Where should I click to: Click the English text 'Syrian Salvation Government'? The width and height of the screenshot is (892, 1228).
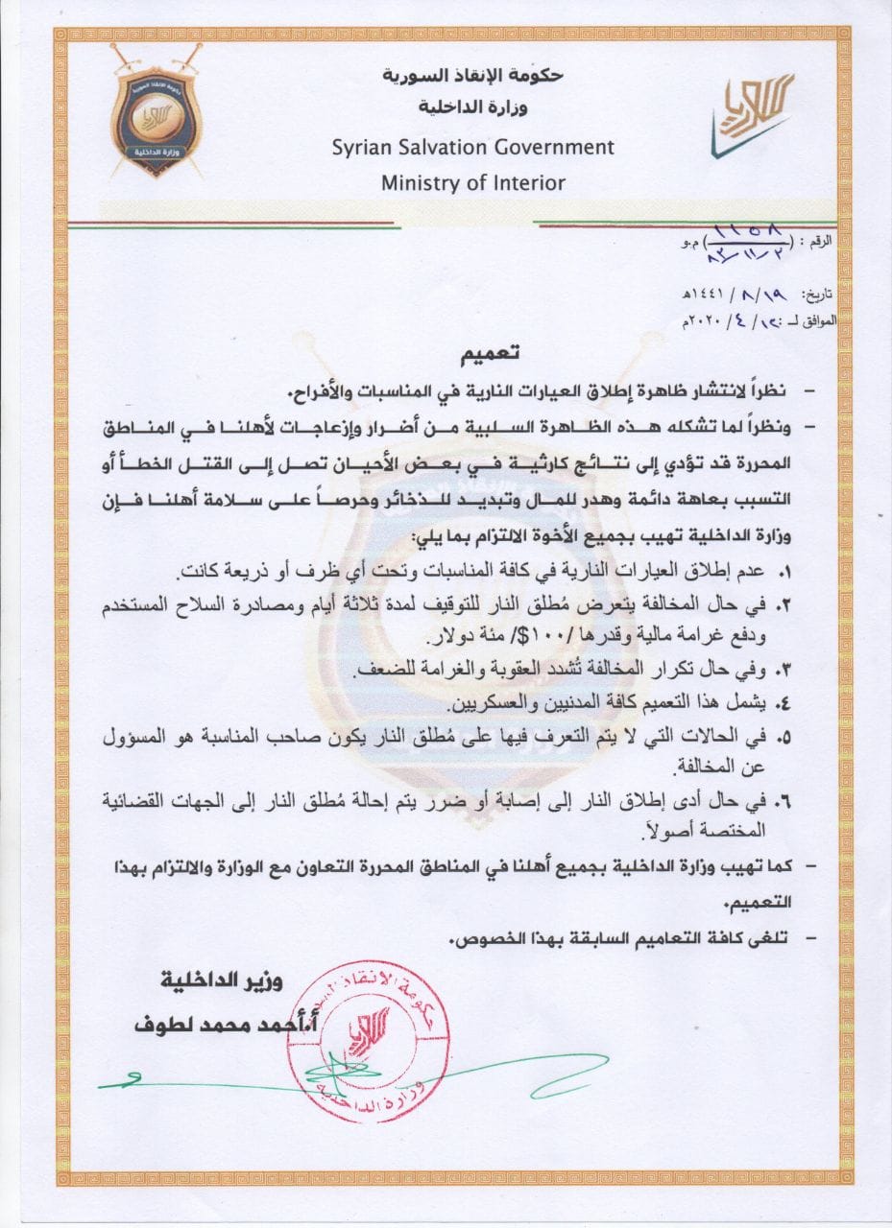472,148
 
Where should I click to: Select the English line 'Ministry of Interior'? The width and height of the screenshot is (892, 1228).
472,182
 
